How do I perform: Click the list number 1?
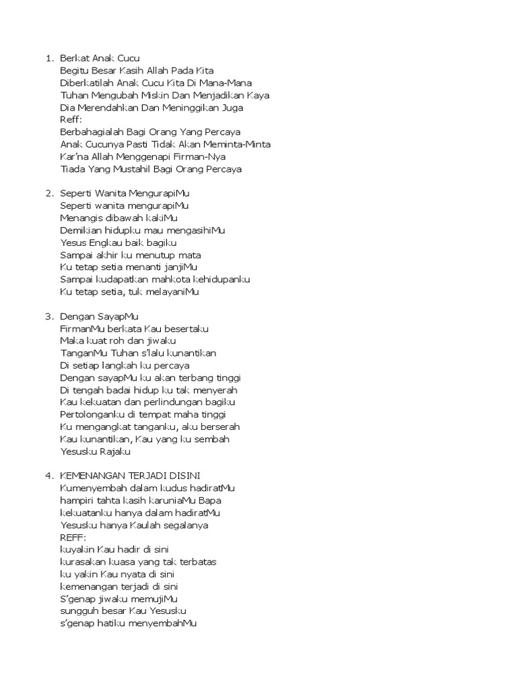click(x=48, y=59)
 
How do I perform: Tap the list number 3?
click(x=48, y=316)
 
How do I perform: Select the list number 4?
click(x=48, y=476)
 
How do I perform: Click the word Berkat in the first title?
click(x=74, y=59)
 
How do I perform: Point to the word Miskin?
click(x=158, y=95)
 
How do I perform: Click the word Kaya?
click(x=257, y=95)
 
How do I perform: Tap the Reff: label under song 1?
click(x=71, y=120)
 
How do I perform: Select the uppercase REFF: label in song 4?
click(x=73, y=537)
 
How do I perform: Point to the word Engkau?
click(x=101, y=243)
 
